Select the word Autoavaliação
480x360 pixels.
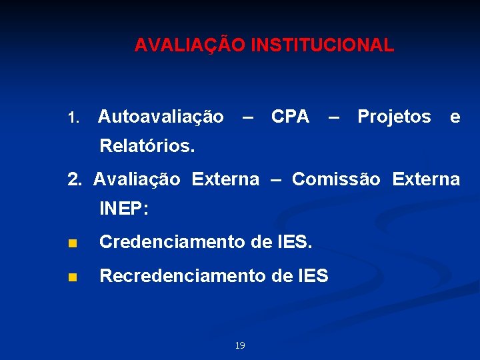(x=161, y=117)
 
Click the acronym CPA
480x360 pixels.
(x=290, y=117)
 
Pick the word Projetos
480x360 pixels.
(x=394, y=117)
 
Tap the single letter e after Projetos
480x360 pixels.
(x=455, y=117)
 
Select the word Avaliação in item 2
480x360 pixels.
(x=137, y=179)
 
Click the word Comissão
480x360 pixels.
(x=336, y=179)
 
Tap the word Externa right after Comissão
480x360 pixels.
(x=426, y=179)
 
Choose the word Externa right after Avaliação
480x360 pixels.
(x=225, y=179)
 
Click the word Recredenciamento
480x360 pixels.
(x=181, y=275)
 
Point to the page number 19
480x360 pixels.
(x=240, y=345)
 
